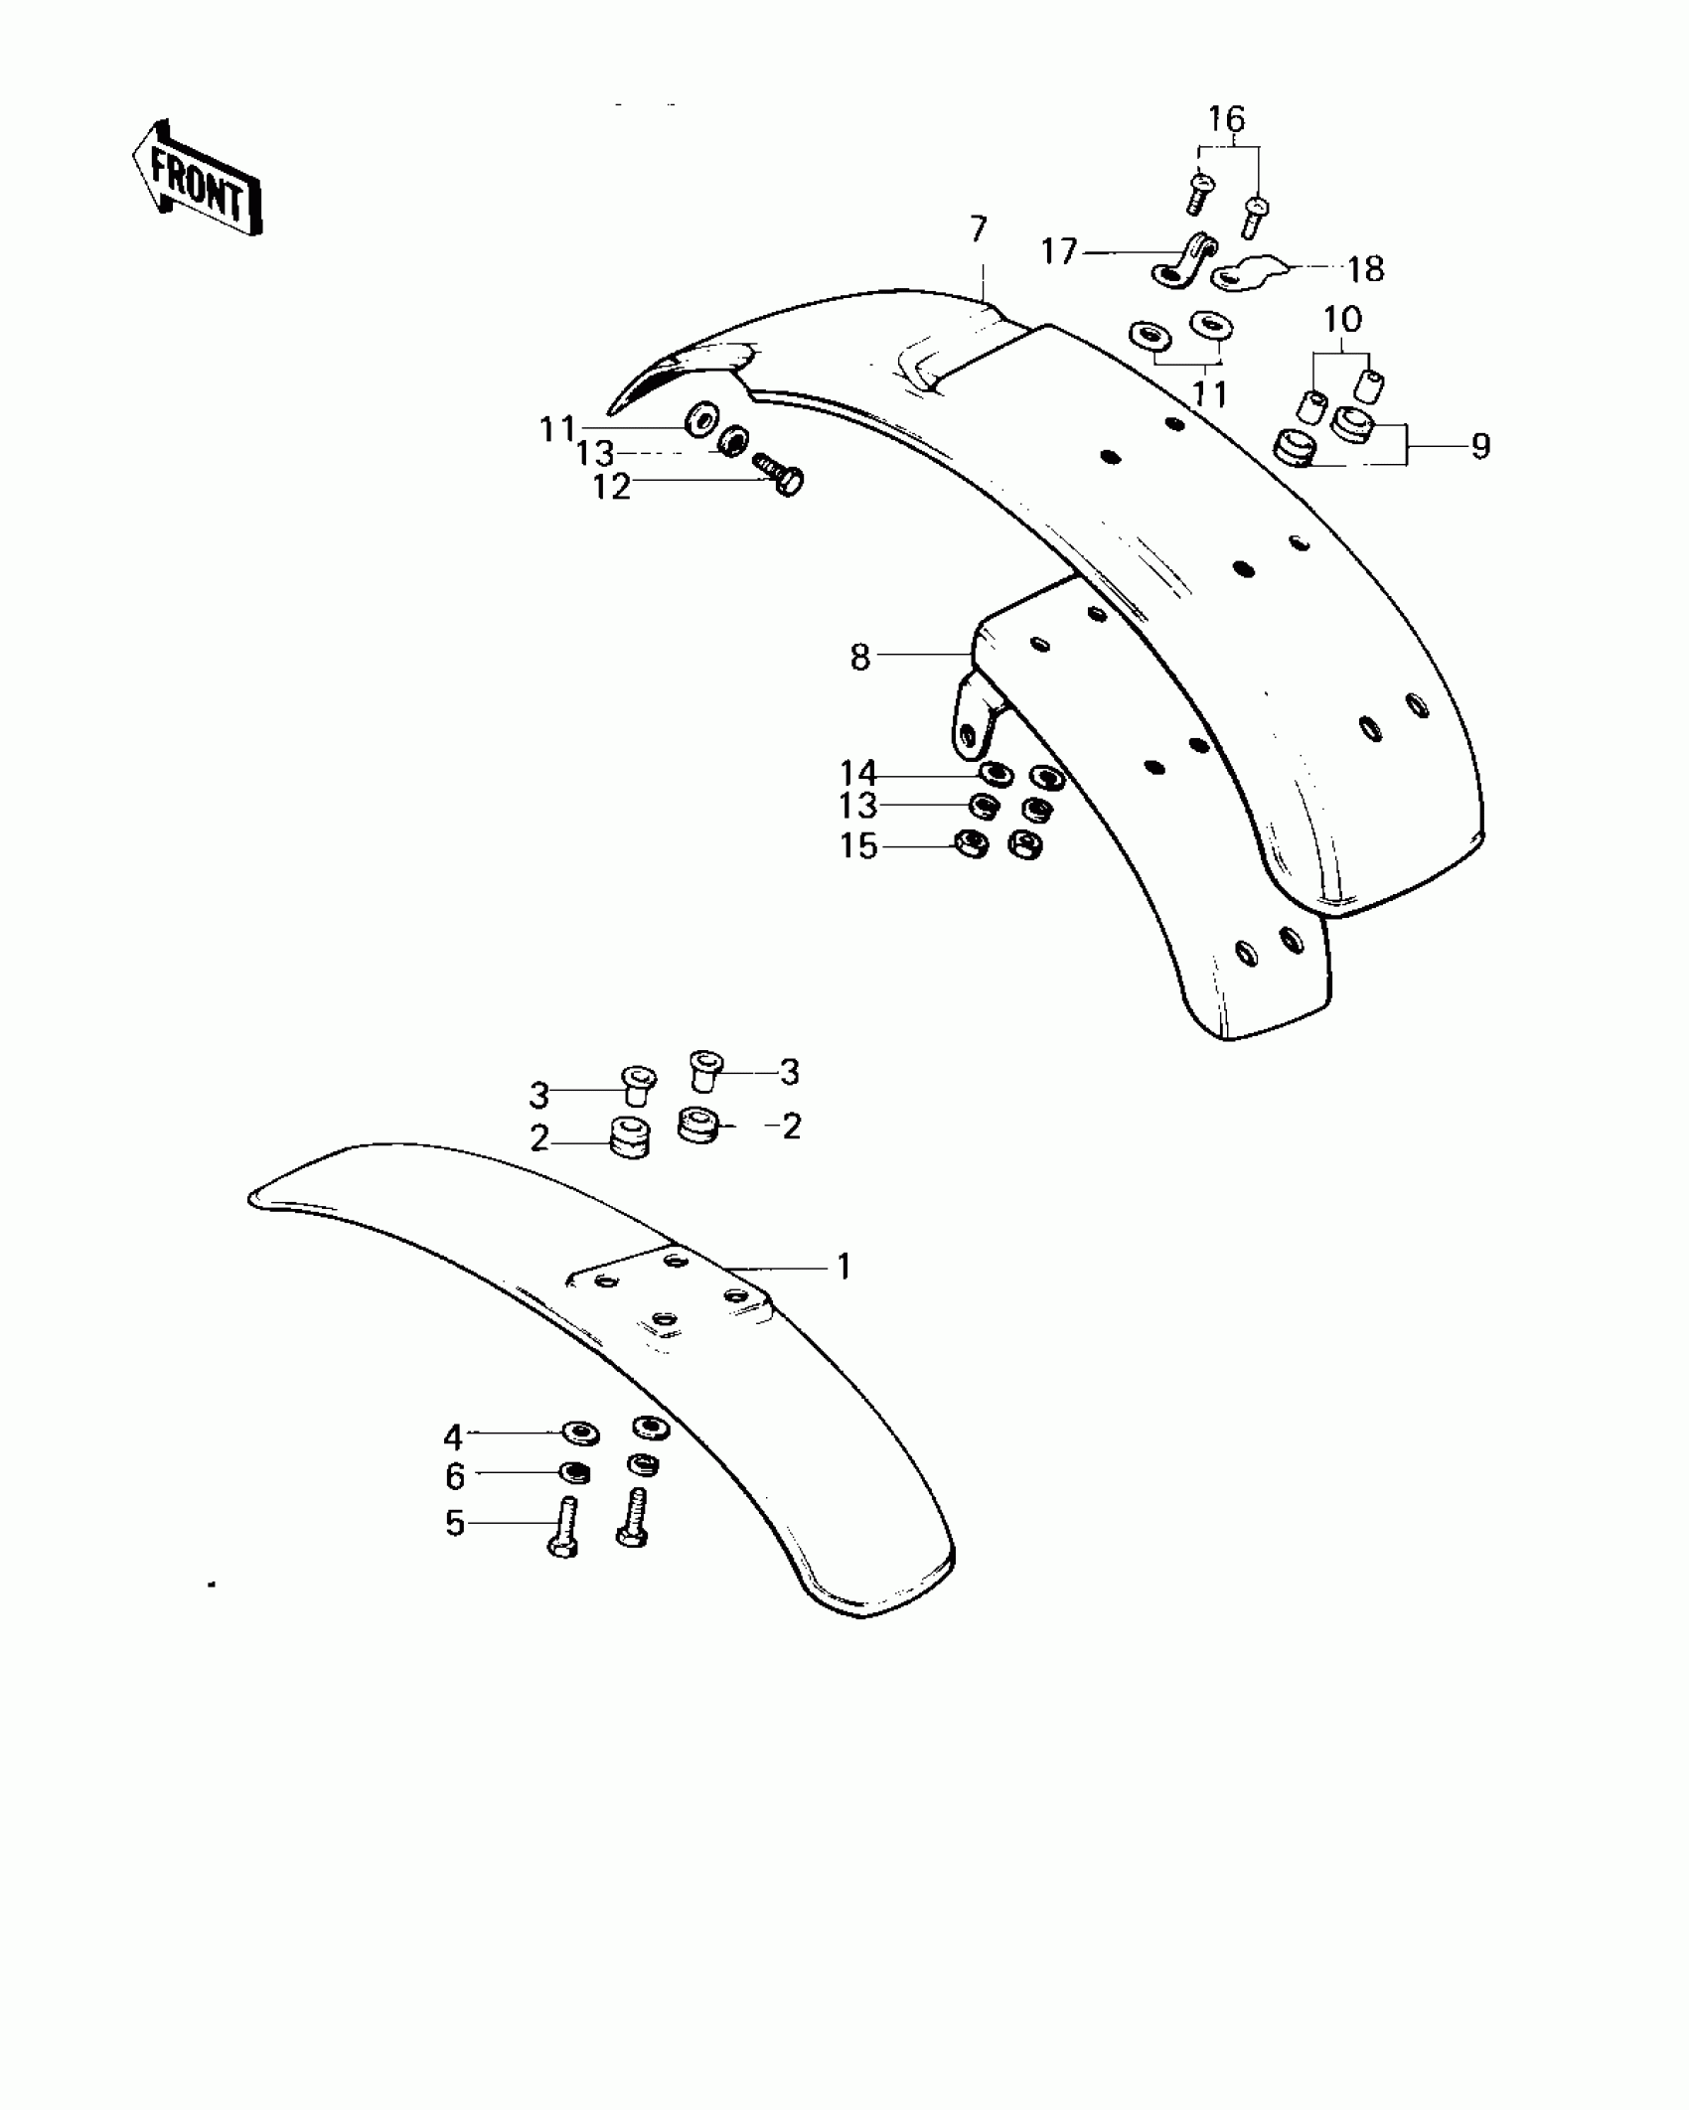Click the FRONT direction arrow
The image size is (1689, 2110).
(197, 179)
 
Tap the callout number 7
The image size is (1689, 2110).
(979, 229)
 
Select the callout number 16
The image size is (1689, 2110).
(1226, 119)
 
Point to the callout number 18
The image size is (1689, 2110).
(1365, 269)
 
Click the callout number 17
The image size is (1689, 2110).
(1059, 251)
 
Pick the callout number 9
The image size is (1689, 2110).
(1480, 446)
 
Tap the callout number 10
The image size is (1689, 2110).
(1341, 320)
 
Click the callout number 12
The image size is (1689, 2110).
(612, 487)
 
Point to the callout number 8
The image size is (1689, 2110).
(860, 657)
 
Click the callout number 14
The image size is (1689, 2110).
(858, 773)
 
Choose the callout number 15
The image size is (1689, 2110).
(858, 846)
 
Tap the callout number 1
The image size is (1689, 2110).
(844, 1267)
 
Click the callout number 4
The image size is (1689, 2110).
(453, 1436)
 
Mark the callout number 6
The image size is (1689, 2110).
(455, 1476)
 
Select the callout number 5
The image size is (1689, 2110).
(455, 1523)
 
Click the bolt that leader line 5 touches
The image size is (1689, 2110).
(563, 1531)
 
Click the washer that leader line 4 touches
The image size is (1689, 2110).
(580, 1432)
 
